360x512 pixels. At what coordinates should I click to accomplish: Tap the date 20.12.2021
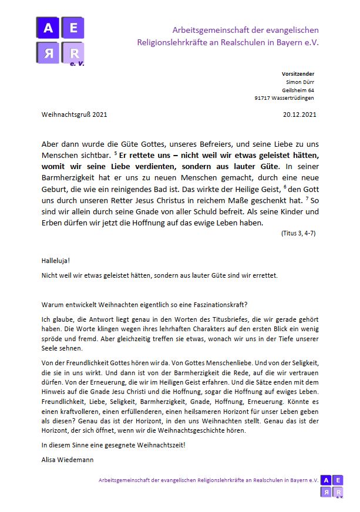tap(300, 114)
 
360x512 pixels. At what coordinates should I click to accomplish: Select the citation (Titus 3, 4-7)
tap(298, 233)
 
